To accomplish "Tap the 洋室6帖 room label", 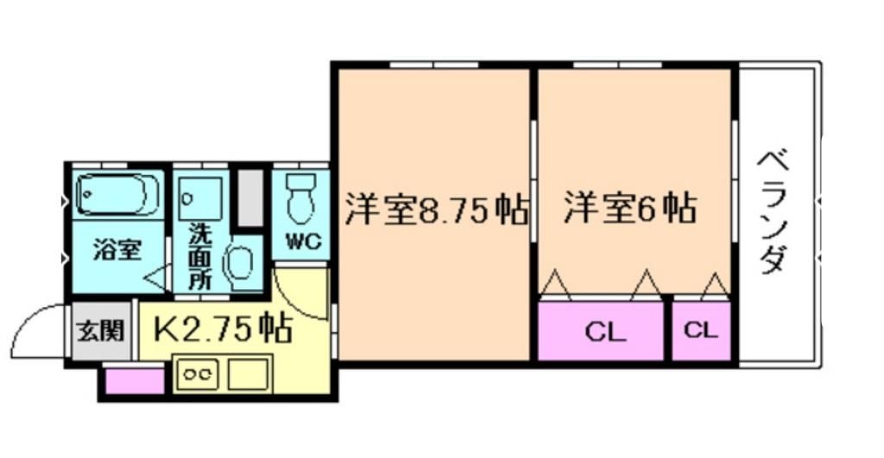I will [x=631, y=208].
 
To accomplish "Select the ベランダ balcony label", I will [x=774, y=212].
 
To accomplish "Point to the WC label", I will [x=300, y=242].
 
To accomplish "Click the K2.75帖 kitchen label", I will [x=222, y=328].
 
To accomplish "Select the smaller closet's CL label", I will [x=701, y=329].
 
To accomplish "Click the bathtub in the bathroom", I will [x=117, y=194].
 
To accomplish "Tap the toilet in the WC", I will [x=301, y=198].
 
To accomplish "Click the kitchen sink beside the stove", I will [x=249, y=374].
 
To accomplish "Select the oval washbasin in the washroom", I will [x=239, y=264].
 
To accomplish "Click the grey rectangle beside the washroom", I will [x=251, y=198].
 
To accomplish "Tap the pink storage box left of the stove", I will [x=134, y=380].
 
